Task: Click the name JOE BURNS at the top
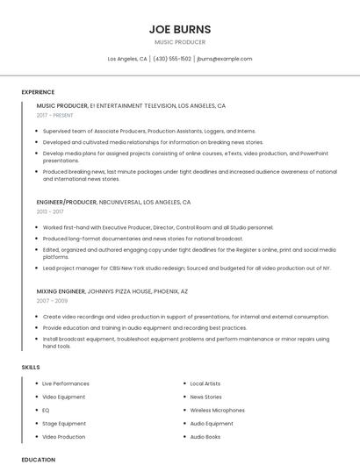180,29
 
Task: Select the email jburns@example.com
225,59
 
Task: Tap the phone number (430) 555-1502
172,59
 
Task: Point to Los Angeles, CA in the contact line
127,59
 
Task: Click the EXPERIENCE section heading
38,92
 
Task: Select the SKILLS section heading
31,367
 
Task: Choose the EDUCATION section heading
38,459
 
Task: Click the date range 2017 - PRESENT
55,115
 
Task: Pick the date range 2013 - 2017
50,211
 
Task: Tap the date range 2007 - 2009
52,300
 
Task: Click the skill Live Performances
66,383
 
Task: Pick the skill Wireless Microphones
217,410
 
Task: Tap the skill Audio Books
205,436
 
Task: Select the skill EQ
46,410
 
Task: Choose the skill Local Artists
205,383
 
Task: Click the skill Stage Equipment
64,423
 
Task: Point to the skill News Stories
206,397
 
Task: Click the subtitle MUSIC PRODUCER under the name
180,41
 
